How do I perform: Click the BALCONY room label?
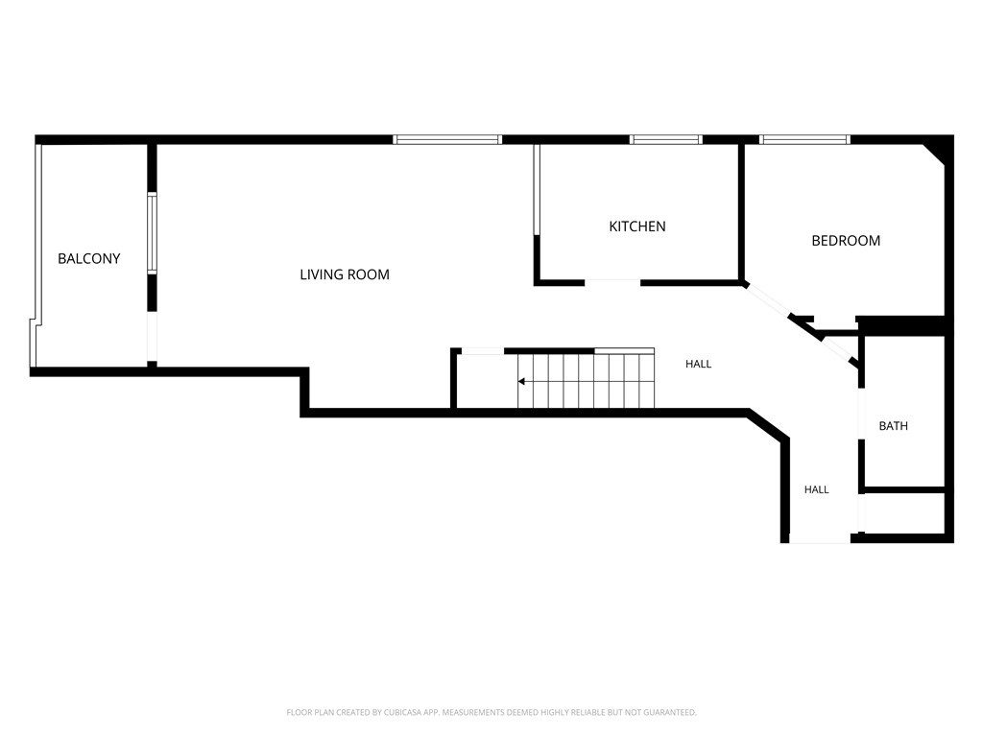tap(89, 259)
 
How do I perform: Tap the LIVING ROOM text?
tap(345, 274)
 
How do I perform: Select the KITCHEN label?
tap(637, 226)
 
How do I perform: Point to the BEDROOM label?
tap(846, 241)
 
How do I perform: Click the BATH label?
tap(894, 426)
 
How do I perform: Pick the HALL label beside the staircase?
tap(699, 364)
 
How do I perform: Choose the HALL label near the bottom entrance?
tap(817, 489)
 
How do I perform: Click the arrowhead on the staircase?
tap(521, 381)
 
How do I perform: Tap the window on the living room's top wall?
tap(447, 140)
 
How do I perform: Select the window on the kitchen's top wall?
tap(666, 140)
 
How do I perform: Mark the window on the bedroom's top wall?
tap(804, 140)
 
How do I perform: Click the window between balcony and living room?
tap(152, 233)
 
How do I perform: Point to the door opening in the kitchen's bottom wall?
tap(612, 283)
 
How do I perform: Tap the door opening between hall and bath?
tap(861, 415)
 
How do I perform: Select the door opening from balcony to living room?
tap(152, 337)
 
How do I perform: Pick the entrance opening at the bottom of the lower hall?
tap(820, 539)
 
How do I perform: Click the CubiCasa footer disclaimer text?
tap(491, 713)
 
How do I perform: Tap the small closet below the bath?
tap(904, 512)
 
